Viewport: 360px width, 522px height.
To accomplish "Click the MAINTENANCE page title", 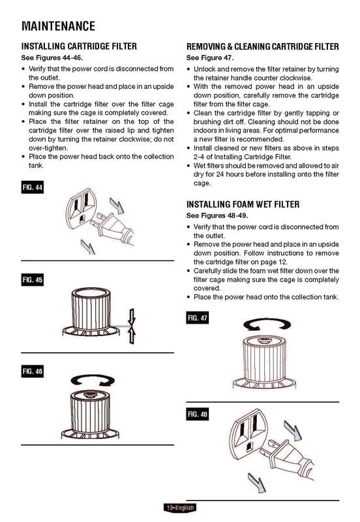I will [x=59, y=26].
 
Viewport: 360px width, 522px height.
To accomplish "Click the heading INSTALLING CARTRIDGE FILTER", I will [x=79, y=47].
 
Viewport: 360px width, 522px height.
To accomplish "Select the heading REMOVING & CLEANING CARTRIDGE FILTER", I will [x=263, y=47].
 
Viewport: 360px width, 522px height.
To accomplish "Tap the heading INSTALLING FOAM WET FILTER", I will [x=243, y=204].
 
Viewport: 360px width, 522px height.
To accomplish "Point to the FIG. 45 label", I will [x=33, y=281].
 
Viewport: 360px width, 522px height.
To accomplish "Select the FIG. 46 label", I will [x=33, y=371].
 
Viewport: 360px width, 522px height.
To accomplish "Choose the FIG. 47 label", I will [x=197, y=318].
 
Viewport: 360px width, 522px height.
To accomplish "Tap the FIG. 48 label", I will [x=197, y=414].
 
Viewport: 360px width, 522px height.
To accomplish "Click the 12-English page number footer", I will [x=180, y=508].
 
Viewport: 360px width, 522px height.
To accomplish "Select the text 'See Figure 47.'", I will [x=209, y=58].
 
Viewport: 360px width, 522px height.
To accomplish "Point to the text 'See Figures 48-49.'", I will [x=216, y=215].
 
